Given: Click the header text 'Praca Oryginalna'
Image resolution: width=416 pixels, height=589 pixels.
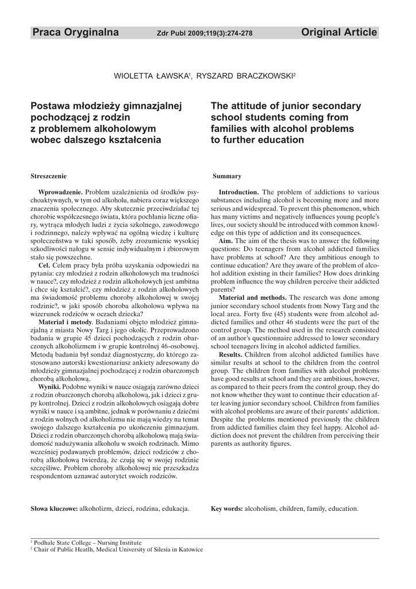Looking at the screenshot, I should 76,33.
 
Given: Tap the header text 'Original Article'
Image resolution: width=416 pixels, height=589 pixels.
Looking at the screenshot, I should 339,33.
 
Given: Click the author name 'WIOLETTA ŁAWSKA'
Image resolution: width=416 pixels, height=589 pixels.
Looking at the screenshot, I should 152,76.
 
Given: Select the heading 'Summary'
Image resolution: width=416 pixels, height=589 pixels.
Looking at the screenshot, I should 227,175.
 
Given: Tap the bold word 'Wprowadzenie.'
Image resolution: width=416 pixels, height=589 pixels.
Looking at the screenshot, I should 60,192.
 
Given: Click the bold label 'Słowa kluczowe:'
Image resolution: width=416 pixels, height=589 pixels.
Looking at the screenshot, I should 54,509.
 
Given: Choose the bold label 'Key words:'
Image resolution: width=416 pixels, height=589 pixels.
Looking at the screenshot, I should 227,509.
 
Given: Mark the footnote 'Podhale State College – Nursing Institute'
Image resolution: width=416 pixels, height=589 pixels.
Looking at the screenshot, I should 87,542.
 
